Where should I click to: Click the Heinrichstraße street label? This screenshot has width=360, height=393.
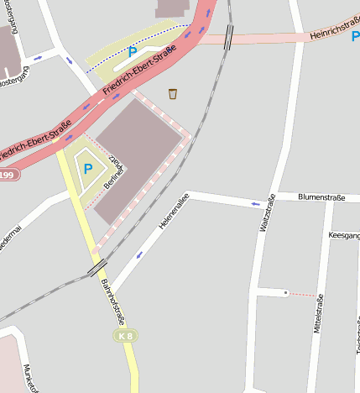333,33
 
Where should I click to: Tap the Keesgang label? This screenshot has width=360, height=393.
344,236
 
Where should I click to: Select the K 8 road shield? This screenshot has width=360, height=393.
124,336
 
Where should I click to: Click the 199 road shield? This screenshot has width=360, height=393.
8,175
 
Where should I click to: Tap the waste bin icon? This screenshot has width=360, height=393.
173,93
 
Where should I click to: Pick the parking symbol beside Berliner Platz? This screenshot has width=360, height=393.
87,169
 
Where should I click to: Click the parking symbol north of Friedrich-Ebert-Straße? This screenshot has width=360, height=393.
131,52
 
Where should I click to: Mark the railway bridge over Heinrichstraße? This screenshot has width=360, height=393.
229,38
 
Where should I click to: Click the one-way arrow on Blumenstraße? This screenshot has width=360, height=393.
255,203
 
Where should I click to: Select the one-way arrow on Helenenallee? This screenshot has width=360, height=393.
138,254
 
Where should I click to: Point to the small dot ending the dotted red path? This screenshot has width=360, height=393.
286,292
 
